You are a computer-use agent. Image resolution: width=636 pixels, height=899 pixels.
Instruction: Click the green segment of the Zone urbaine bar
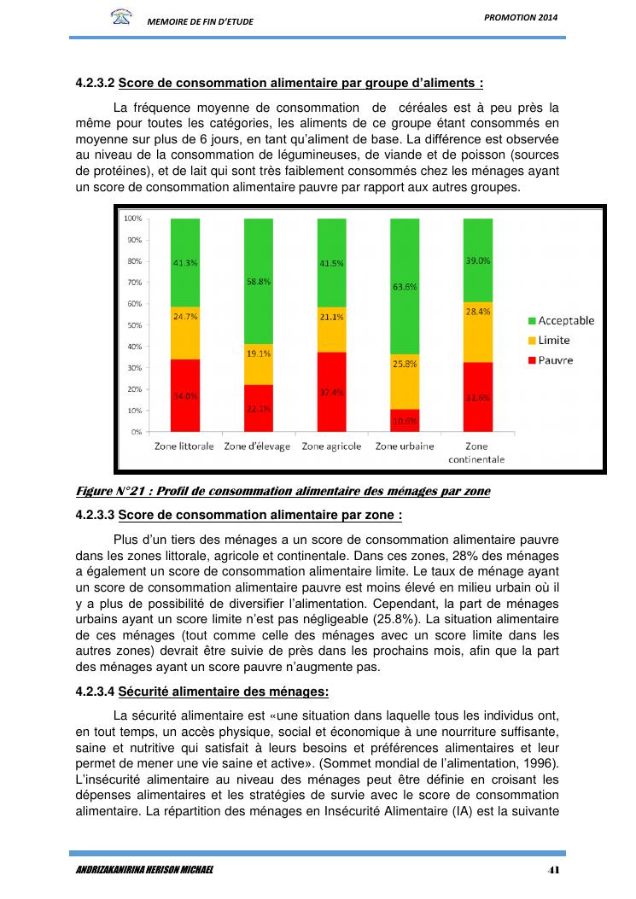point(405,286)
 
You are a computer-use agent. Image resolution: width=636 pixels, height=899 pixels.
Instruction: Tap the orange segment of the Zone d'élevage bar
point(259,365)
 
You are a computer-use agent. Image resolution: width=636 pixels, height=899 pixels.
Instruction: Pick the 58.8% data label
point(259,281)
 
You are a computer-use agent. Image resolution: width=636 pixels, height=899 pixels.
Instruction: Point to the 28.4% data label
point(478,312)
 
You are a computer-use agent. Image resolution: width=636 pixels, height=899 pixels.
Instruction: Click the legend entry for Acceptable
point(560,321)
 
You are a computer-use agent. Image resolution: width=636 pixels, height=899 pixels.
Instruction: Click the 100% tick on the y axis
point(132,219)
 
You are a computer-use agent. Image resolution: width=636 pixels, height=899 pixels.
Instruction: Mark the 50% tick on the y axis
point(134,325)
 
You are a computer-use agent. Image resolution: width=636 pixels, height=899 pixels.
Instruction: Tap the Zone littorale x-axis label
point(184,447)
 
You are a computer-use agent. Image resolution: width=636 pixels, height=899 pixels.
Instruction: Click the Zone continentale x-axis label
point(477,452)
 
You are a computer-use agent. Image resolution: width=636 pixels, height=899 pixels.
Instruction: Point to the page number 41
point(553,869)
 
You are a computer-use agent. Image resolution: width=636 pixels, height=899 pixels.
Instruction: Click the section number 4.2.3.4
point(95,691)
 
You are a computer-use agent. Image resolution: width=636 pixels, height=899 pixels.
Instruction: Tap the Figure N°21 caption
point(283,491)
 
